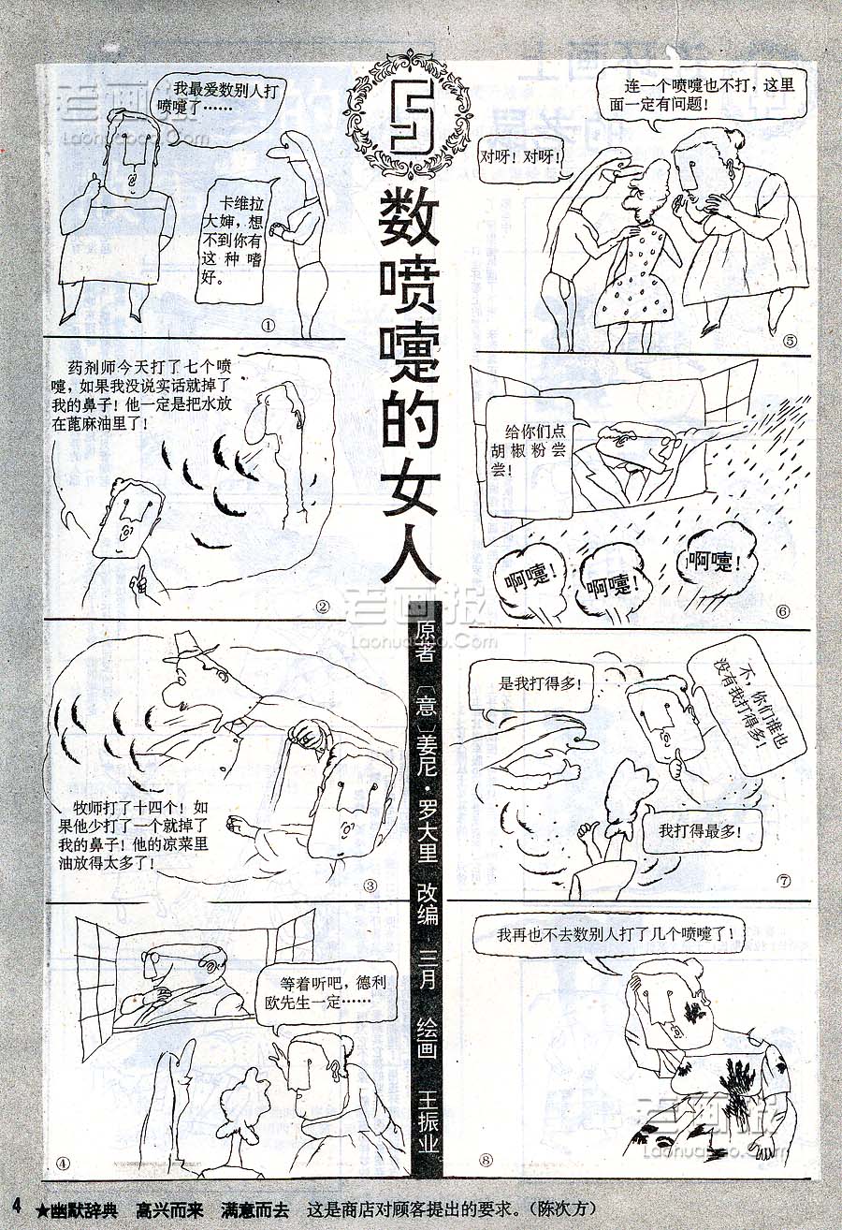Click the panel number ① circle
coord(268,326)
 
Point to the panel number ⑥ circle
coord(783,611)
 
